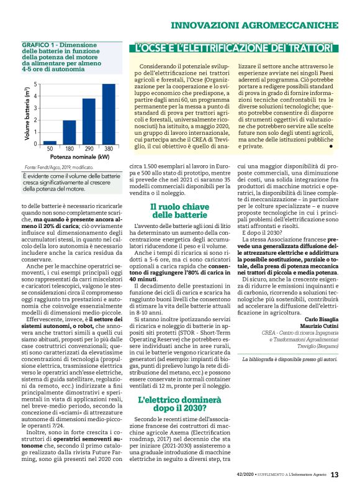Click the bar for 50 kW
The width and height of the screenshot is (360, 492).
tap(50, 142)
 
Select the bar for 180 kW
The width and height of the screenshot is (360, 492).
tap(70, 132)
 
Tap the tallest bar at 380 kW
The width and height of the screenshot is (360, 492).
tap(109, 114)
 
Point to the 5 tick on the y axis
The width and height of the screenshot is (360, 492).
tap(36, 84)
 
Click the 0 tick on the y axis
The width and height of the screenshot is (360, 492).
tap(36, 144)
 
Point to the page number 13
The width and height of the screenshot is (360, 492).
tap(335, 475)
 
